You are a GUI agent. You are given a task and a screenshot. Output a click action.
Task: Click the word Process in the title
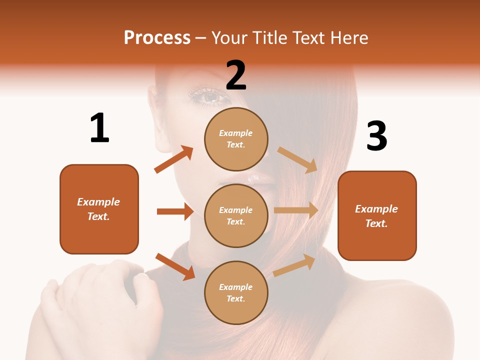157,38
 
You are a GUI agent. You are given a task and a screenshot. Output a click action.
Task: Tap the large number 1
99,128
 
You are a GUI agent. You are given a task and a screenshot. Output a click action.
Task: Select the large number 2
236,75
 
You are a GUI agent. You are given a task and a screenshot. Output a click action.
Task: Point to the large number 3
376,135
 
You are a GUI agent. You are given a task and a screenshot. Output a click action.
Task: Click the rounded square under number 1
99,209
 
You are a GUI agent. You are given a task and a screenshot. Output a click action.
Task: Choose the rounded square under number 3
377,215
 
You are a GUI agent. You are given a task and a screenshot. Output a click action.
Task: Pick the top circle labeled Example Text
236,139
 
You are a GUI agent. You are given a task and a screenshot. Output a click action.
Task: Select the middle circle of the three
236,215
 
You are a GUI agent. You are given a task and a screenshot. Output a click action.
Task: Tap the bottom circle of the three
236,292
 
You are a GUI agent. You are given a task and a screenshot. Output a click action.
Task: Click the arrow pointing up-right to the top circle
173,159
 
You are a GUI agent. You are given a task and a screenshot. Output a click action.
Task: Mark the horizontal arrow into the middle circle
175,211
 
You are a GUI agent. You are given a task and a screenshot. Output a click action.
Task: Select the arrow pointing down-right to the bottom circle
175,266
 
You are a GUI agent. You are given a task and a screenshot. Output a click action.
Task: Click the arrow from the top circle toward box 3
297,159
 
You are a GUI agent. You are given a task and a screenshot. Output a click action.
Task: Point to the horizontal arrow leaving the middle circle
296,210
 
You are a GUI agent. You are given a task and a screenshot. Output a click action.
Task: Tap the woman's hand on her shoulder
95,300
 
